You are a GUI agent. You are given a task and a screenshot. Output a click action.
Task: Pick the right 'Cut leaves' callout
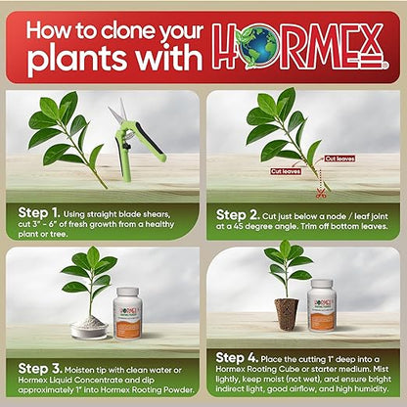point(339,158)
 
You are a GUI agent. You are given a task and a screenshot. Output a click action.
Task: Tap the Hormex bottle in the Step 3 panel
point(132,310)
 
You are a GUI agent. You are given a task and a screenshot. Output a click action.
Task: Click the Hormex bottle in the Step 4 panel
point(322,305)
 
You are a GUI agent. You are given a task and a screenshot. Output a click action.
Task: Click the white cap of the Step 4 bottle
point(322,285)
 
